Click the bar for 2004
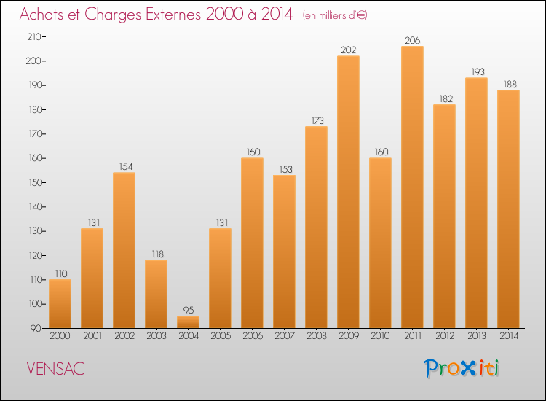[x=188, y=322]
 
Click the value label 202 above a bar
[x=348, y=50]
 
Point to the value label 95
[x=188, y=310]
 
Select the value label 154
[x=124, y=166]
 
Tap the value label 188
[x=508, y=84]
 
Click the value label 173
[x=316, y=120]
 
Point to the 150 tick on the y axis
[x=33, y=182]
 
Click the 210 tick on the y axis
[x=33, y=36]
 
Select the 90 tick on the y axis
[x=36, y=328]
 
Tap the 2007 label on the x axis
[x=284, y=336]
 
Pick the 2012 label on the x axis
[x=444, y=336]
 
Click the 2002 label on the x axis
[x=124, y=336]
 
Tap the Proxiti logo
[x=462, y=368]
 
